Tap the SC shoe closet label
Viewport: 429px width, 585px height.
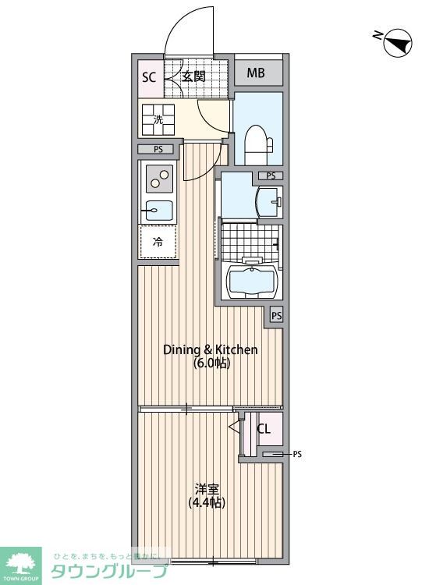point(148,76)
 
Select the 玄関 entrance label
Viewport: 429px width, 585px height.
point(193,76)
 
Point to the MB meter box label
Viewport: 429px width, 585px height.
point(256,74)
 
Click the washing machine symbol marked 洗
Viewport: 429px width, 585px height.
point(158,119)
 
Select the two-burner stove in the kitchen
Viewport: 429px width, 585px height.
point(159,180)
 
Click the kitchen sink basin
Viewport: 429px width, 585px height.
point(159,209)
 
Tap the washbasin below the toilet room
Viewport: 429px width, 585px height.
point(268,201)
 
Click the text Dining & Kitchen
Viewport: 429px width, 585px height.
point(210,349)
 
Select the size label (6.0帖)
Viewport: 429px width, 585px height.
point(210,363)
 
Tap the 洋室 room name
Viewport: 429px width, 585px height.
point(206,489)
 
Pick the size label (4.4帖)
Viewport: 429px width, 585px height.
point(206,503)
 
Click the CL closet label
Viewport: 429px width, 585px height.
point(264,428)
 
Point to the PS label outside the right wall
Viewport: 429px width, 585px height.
point(296,453)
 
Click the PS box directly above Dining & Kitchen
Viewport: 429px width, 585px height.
point(276,316)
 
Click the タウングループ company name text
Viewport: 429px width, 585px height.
point(108,571)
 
